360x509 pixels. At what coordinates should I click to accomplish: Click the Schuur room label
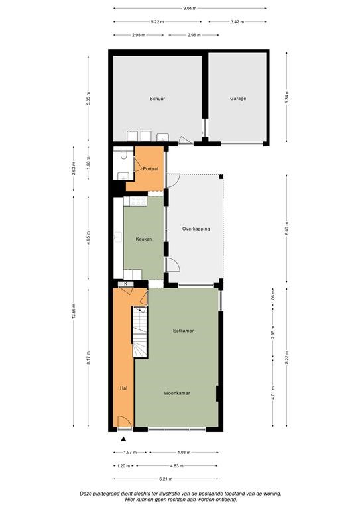(157, 98)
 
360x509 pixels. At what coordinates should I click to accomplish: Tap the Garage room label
(238, 98)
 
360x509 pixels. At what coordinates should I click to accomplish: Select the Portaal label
(150, 169)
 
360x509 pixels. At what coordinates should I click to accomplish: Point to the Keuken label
(143, 239)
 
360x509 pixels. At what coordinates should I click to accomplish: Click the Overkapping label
(196, 229)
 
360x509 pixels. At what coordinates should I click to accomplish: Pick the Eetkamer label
(183, 331)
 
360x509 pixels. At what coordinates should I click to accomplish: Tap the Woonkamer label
(176, 393)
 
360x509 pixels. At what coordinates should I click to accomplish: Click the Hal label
(123, 388)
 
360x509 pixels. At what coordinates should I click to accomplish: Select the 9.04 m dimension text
(190, 8)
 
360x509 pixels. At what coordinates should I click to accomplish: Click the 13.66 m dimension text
(74, 311)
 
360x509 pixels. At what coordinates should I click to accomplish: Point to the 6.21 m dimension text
(166, 479)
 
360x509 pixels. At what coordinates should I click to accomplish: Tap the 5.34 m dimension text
(286, 97)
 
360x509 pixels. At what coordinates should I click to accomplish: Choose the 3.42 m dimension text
(237, 22)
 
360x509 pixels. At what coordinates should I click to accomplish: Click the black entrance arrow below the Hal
(123, 439)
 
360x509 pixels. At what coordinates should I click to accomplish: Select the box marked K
(126, 284)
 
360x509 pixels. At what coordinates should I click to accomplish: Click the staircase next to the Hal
(140, 332)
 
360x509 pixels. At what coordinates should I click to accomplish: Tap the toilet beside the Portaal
(124, 154)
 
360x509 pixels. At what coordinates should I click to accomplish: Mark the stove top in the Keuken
(138, 201)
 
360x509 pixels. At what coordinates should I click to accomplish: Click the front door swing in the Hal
(125, 422)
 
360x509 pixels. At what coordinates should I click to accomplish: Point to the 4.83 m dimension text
(176, 465)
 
